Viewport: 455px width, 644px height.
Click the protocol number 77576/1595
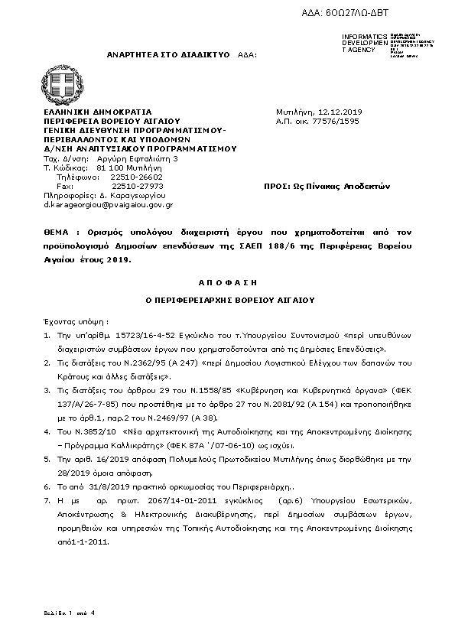pyautogui.click(x=328, y=121)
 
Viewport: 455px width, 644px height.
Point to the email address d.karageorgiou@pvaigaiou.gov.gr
pyautogui.click(x=108, y=205)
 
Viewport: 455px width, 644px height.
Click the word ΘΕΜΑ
pyautogui.click(x=57, y=230)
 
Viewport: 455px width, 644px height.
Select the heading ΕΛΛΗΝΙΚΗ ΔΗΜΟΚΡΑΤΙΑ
pyautogui.click(x=97, y=112)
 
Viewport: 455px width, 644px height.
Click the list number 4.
pyautogui.click(x=47, y=431)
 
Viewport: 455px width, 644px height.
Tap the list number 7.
pyautogui.click(x=47, y=499)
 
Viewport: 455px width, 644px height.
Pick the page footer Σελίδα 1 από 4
pyautogui.click(x=69, y=613)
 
